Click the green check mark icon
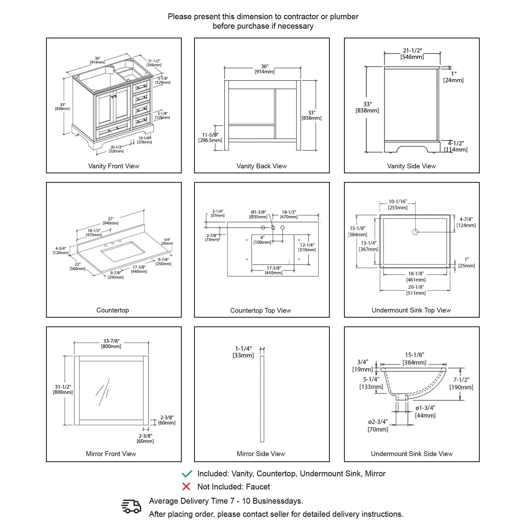[187, 474]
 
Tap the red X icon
[186, 487]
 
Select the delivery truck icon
[131, 506]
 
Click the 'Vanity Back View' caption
[261, 166]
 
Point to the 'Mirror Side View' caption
[261, 454]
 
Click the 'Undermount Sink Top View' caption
[411, 310]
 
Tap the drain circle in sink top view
[415, 232]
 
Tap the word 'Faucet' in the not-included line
[258, 487]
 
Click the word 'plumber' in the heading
[344, 17]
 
